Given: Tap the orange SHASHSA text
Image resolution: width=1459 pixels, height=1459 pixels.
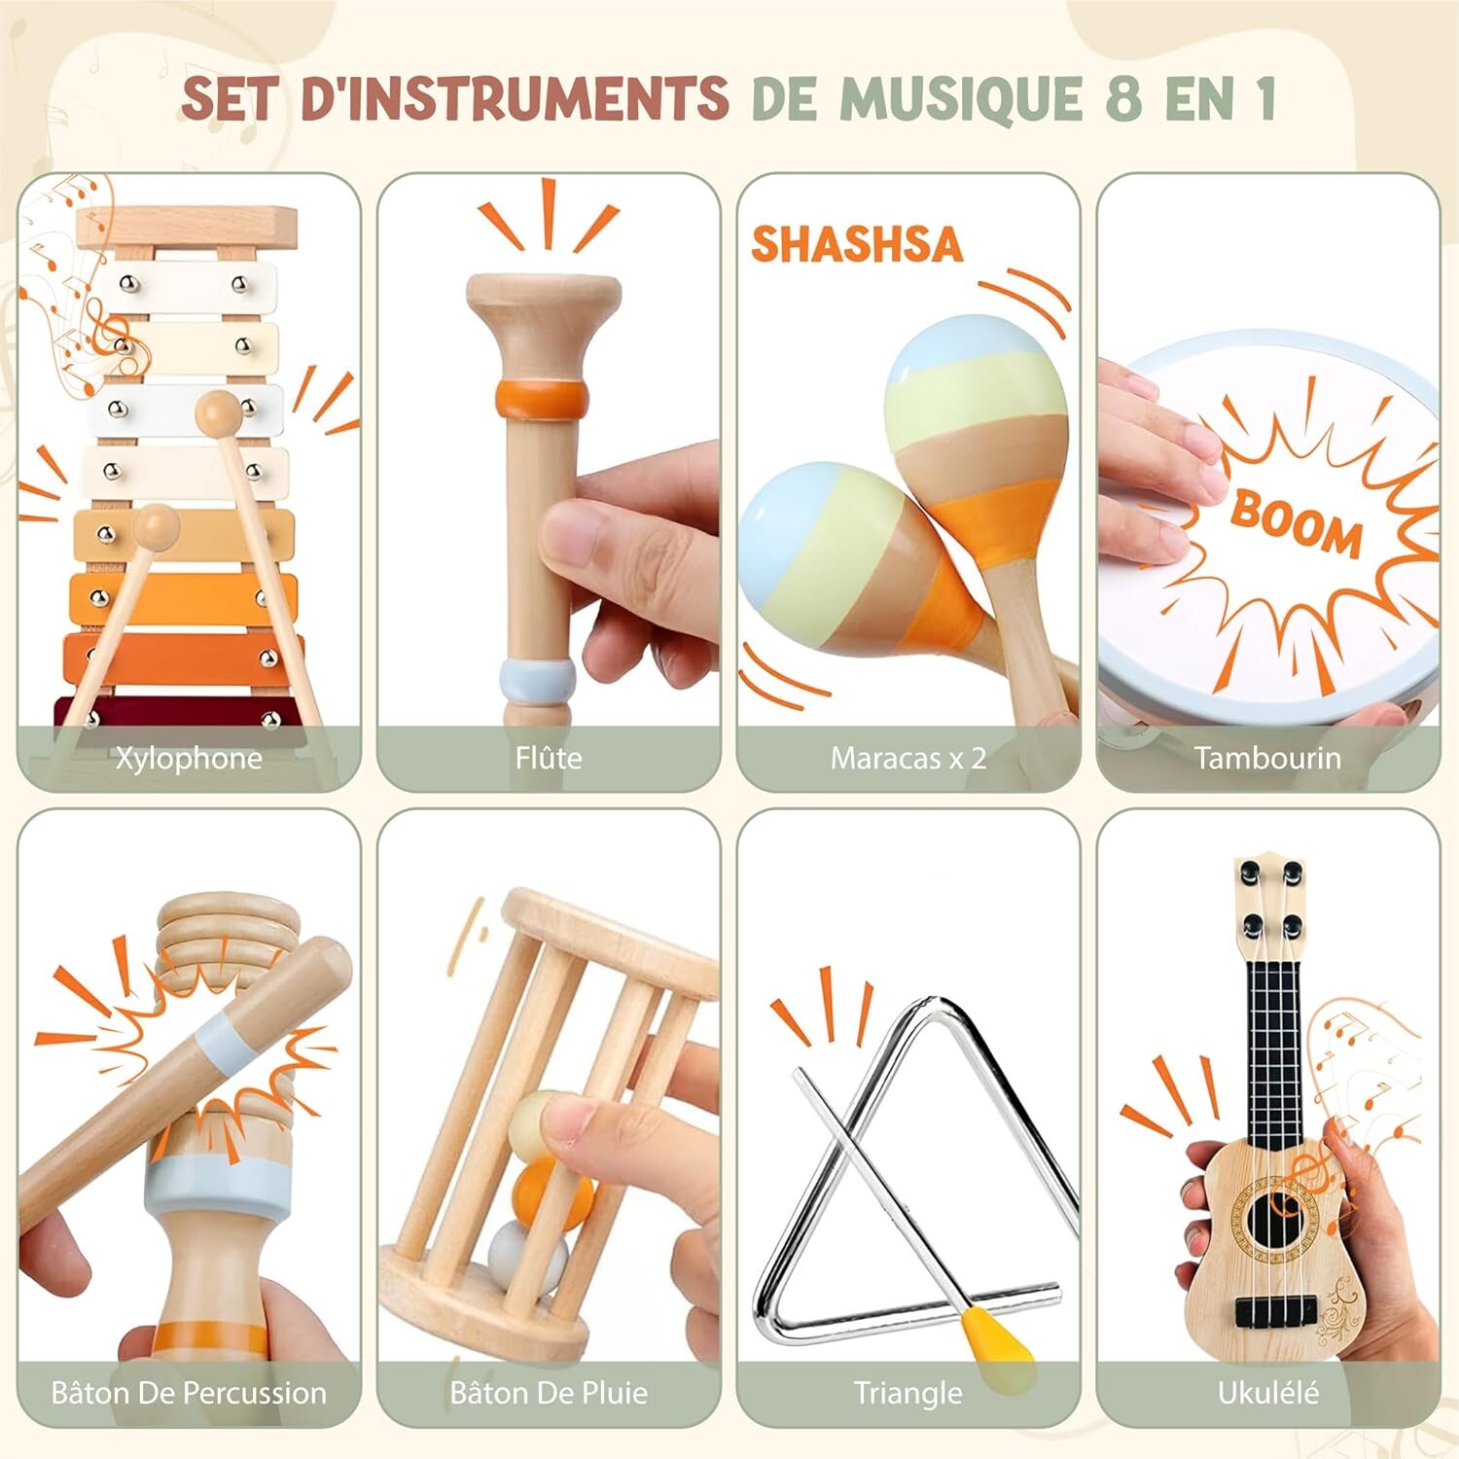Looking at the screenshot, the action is tap(856, 244).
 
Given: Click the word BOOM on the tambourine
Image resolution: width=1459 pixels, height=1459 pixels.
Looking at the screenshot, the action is tap(1297, 522).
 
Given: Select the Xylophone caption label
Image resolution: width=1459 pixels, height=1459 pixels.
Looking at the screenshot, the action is tap(189, 759).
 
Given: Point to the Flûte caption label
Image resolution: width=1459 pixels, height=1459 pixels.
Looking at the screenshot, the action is tap(549, 758).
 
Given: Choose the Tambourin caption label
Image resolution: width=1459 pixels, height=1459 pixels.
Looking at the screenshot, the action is tap(1267, 758).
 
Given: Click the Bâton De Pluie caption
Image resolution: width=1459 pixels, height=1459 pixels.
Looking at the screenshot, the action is tap(549, 1393).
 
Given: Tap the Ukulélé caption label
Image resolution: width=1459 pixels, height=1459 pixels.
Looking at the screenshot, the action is tap(1267, 1393).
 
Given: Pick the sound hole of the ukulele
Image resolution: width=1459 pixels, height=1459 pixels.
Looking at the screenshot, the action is tap(1275, 1216).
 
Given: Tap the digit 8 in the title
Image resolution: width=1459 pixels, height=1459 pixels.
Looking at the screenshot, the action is tap(1123, 98).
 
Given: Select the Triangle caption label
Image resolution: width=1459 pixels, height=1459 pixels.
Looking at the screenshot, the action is tap(908, 1393).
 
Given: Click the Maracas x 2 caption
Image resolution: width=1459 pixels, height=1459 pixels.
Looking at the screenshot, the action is tap(908, 758).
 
